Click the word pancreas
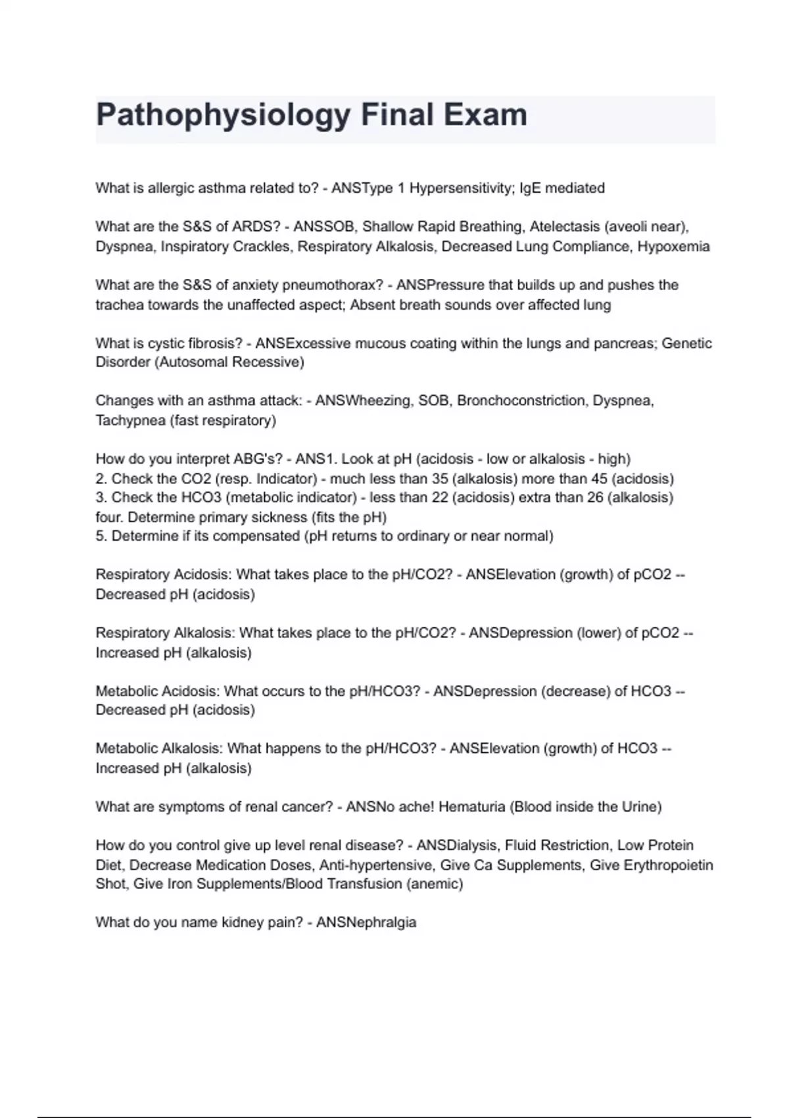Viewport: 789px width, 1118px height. (629, 343)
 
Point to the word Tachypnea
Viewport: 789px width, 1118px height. (130, 420)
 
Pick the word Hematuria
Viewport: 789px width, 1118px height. (471, 806)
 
